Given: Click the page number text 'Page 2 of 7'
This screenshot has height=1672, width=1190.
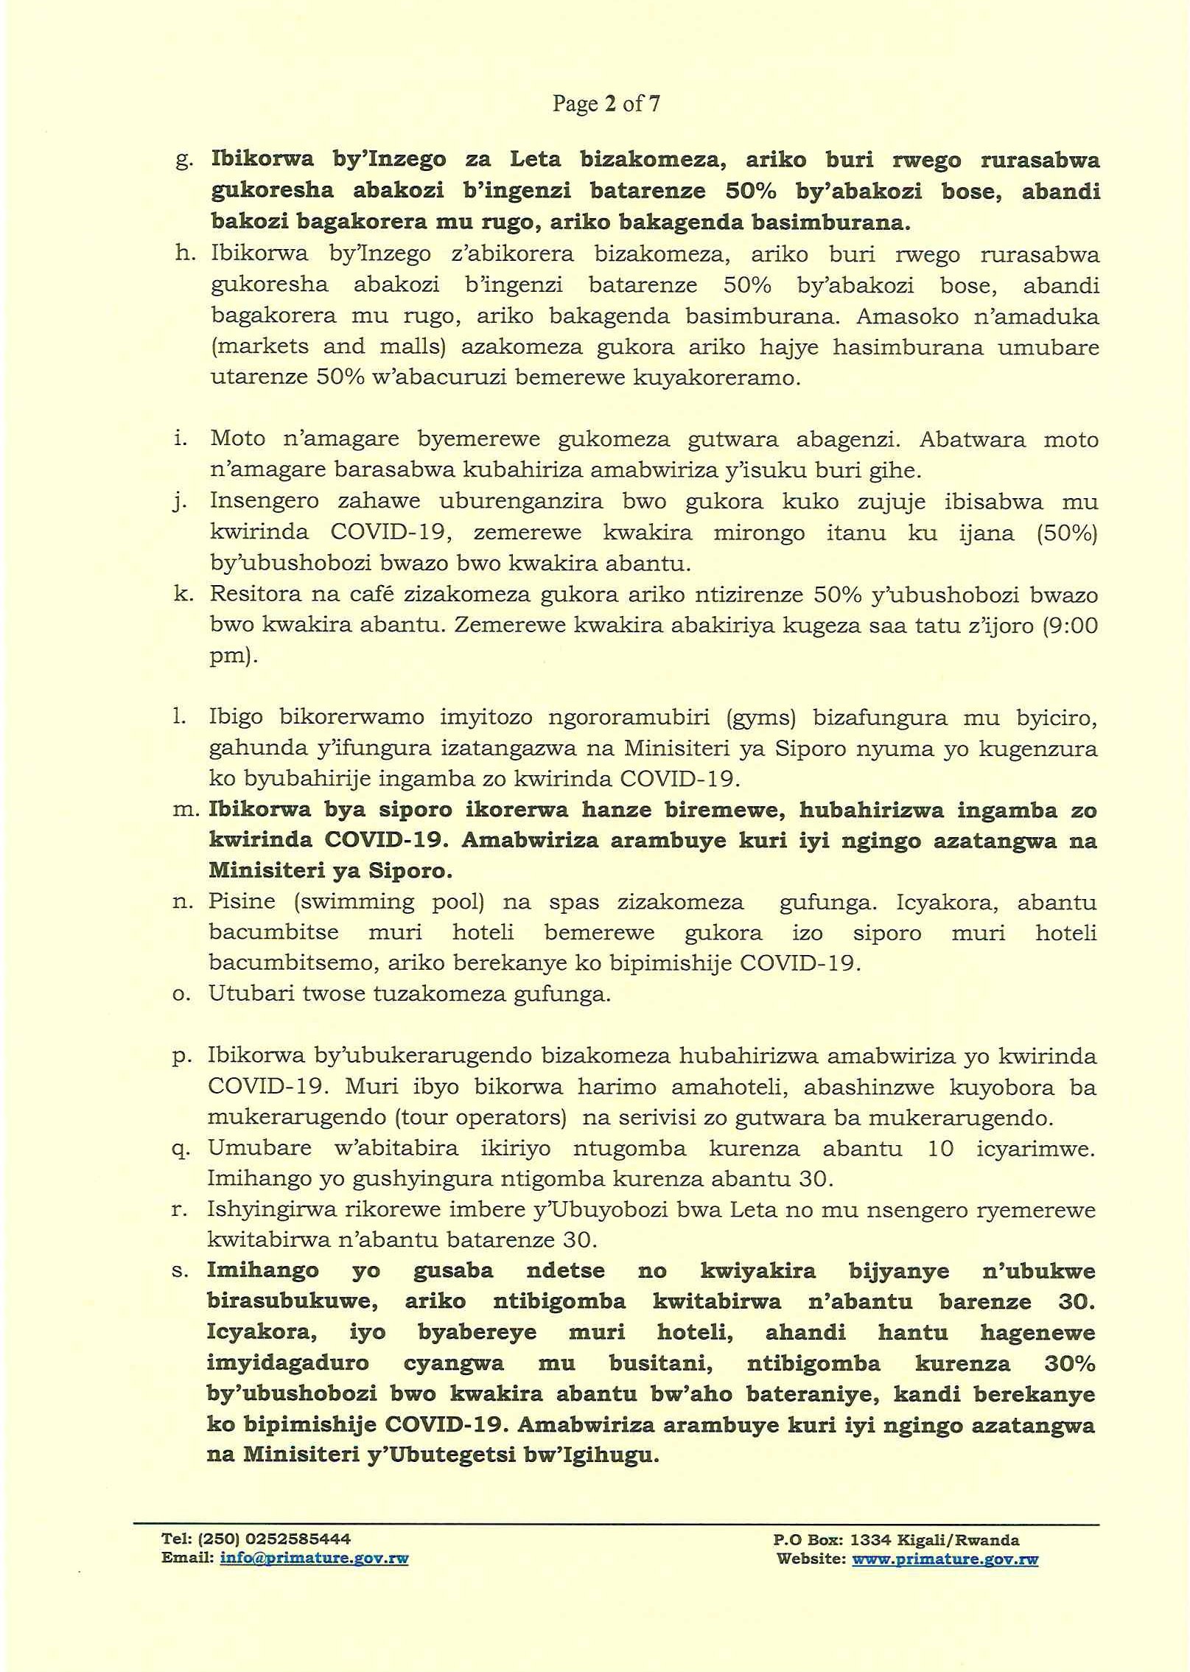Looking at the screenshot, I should pos(606,104).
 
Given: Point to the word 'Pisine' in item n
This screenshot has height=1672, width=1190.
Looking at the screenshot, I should pos(242,902).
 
